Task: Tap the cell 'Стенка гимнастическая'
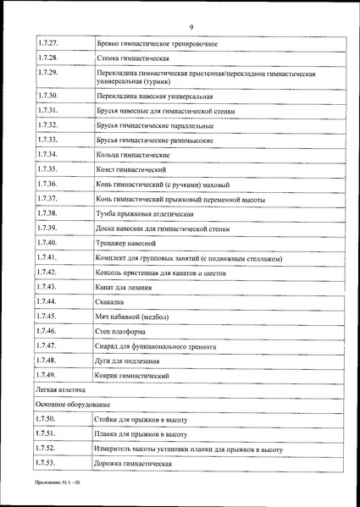[135, 59]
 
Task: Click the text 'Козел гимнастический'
[130, 170]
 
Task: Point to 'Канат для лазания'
[126, 288]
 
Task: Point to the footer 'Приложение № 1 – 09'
[60, 491]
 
